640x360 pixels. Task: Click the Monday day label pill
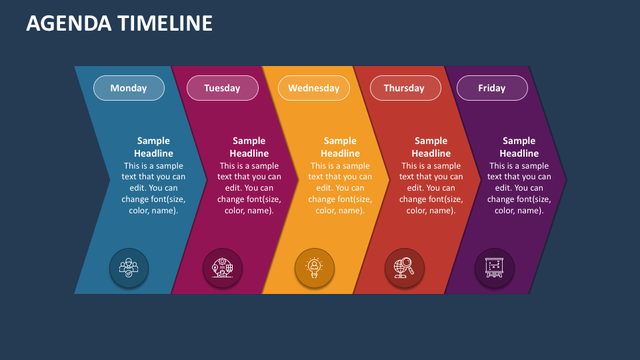tap(129, 88)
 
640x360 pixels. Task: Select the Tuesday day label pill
tap(222, 88)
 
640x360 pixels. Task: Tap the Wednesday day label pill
tap(313, 88)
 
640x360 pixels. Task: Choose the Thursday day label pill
tap(404, 88)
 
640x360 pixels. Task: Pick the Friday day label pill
tap(492, 88)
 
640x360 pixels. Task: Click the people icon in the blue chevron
tap(129, 268)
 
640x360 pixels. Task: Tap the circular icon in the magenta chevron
tap(222, 268)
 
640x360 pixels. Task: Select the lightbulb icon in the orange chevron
tap(314, 268)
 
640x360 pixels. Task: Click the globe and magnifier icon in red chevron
tap(404, 268)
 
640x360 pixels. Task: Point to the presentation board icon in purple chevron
tap(494, 268)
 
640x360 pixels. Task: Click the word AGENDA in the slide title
tap(69, 23)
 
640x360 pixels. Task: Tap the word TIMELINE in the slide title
tap(165, 23)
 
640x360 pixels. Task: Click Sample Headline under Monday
tap(153, 147)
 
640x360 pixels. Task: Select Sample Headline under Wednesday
tap(340, 147)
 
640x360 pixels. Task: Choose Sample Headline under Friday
tap(519, 147)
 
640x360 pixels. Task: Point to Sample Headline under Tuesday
tap(249, 147)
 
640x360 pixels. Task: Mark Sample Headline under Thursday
tap(431, 147)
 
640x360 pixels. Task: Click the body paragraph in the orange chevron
tap(340, 188)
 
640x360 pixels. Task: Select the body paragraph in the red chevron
tap(431, 188)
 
